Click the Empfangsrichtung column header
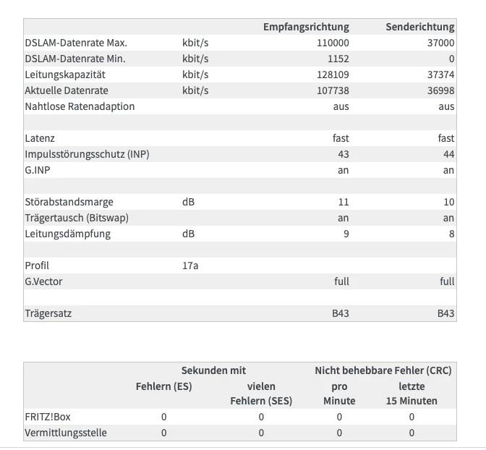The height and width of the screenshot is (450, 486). click(306, 27)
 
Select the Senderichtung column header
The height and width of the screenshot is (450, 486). click(420, 27)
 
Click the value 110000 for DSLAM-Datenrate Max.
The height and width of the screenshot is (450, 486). click(333, 43)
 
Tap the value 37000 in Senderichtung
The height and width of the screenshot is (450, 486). click(441, 43)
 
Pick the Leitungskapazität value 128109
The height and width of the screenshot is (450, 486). click(333, 75)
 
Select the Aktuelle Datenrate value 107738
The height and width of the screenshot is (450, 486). click(333, 90)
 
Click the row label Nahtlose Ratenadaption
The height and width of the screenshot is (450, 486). click(80, 106)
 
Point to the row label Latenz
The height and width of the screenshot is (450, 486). click(40, 138)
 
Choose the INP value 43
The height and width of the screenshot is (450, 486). click(343, 154)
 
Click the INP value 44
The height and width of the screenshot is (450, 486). click(448, 154)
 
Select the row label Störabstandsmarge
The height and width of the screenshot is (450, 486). click(69, 202)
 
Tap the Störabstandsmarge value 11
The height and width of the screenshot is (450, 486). click(344, 202)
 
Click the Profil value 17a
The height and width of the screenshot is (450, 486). click(190, 266)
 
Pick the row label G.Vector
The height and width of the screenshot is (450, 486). click(43, 281)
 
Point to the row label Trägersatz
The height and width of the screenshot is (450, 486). click(48, 313)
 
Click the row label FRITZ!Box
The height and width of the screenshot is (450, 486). click(47, 417)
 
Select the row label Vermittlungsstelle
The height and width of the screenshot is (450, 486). click(66, 433)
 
